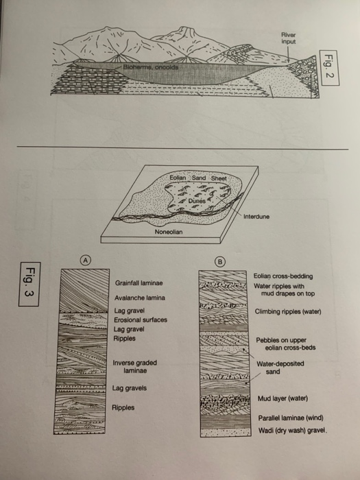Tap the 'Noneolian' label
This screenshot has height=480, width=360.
pyautogui.click(x=169, y=232)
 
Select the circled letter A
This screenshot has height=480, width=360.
pyautogui.click(x=85, y=260)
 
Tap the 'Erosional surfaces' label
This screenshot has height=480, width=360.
pyautogui.click(x=140, y=320)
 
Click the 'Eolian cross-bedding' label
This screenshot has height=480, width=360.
pyautogui.click(x=283, y=276)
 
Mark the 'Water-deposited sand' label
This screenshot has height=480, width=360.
pyautogui.click(x=279, y=368)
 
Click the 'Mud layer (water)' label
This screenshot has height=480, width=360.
pyautogui.click(x=281, y=398)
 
